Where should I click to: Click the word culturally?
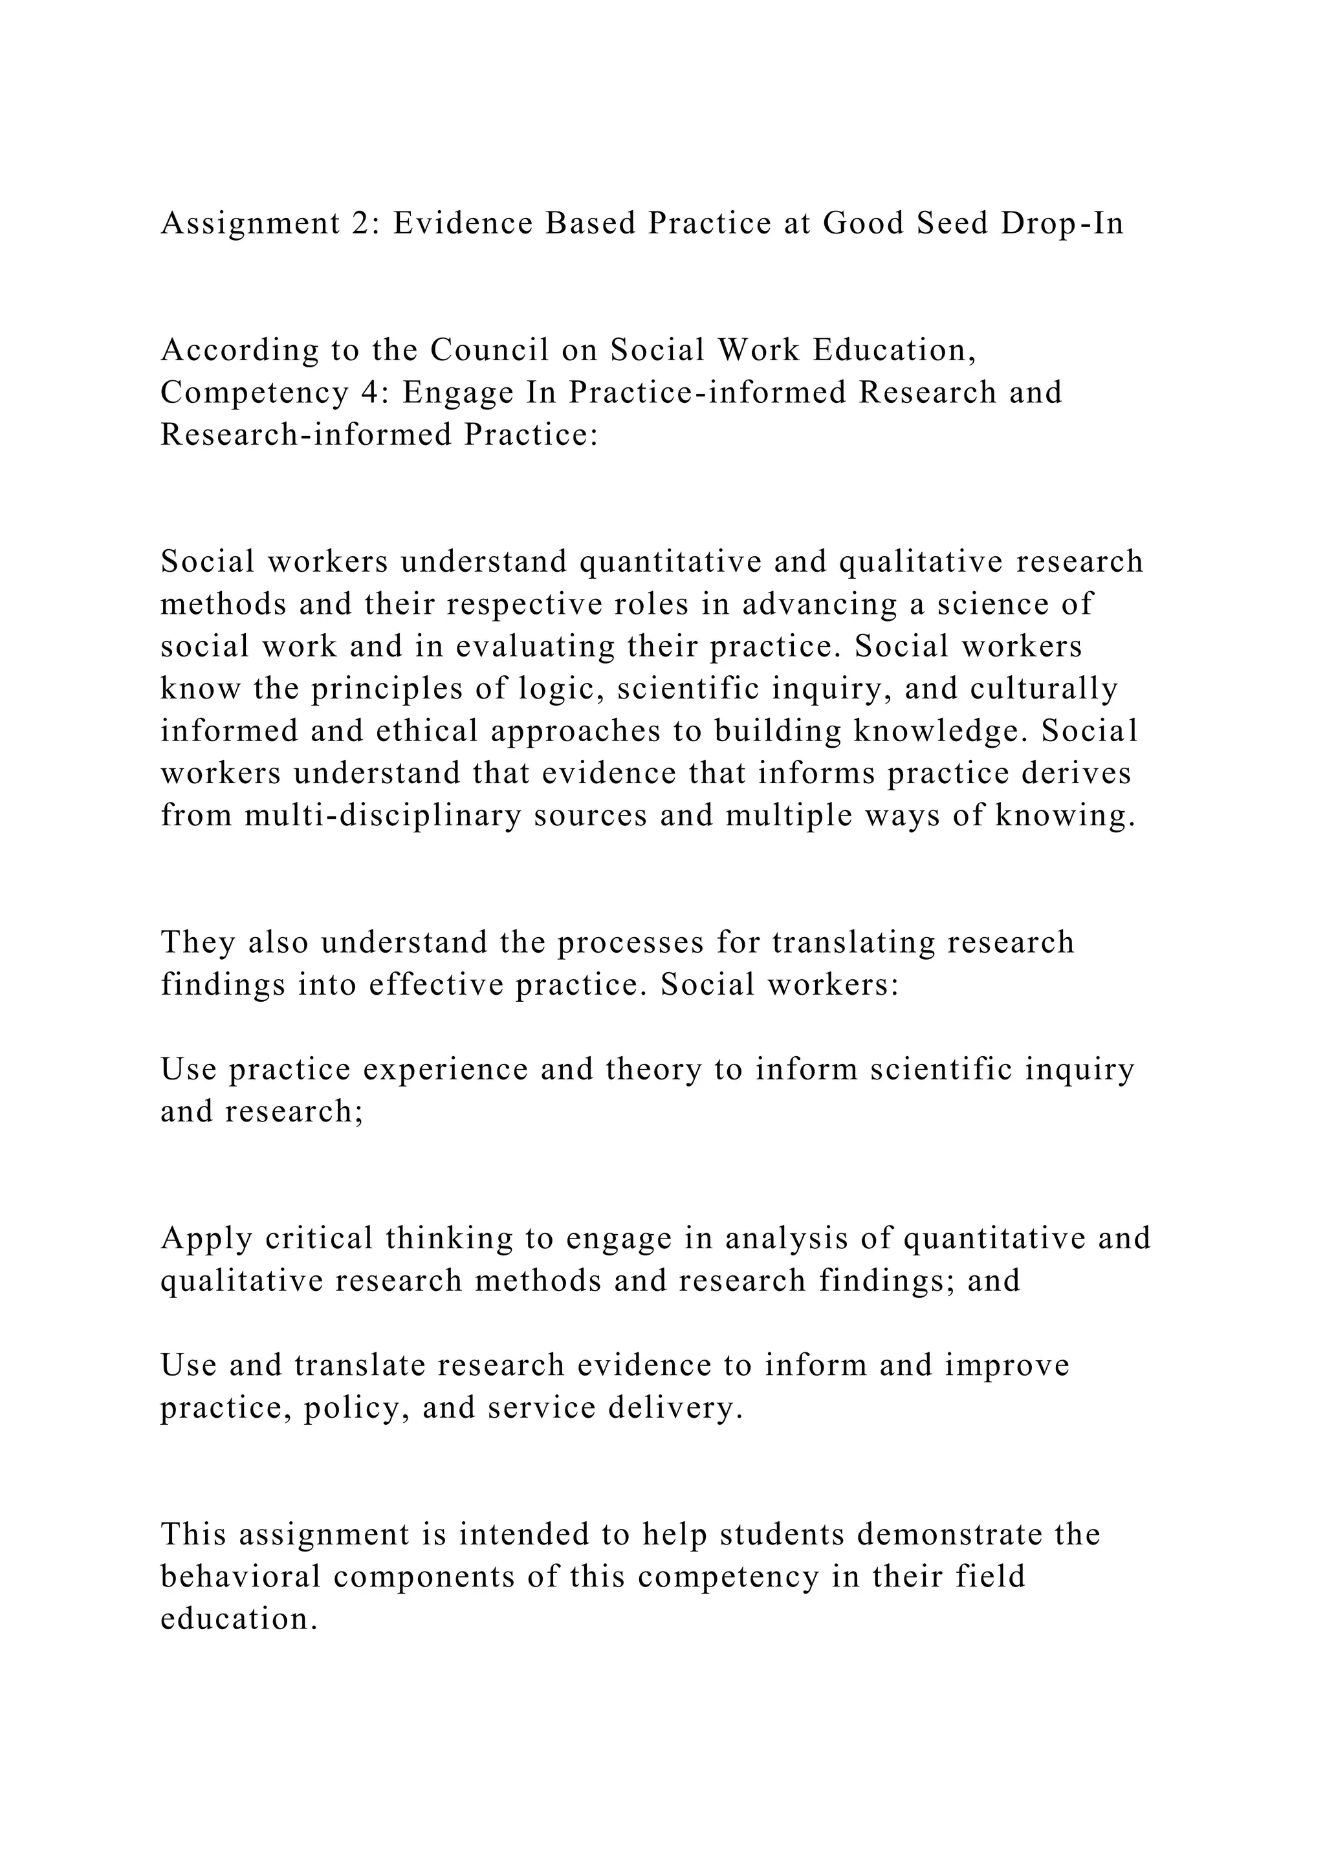point(1044,689)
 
